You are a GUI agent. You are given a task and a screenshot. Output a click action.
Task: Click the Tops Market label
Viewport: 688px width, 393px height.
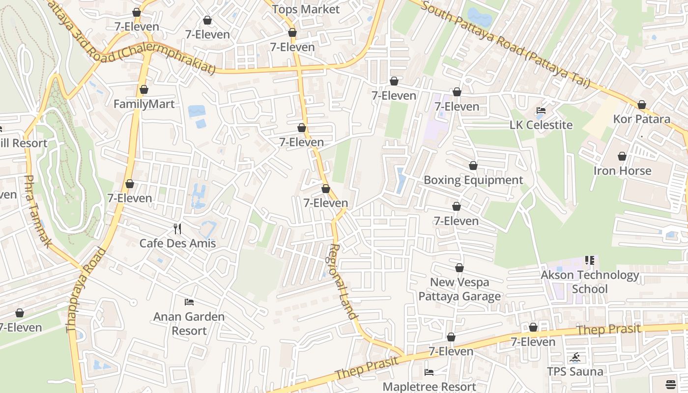[x=306, y=9]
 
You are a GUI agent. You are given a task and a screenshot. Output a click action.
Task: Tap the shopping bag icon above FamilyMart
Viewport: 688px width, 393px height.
[x=144, y=89]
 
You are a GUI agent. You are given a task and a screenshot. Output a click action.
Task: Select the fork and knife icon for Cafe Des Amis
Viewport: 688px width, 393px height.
[x=177, y=228]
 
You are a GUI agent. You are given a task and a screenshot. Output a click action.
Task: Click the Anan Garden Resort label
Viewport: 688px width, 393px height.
[x=189, y=324]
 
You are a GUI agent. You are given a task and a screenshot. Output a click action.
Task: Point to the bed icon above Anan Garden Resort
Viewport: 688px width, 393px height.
[x=189, y=302]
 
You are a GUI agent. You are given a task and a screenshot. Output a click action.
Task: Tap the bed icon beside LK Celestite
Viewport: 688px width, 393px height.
[x=541, y=111]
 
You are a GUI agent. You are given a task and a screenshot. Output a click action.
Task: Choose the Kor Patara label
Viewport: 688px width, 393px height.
[x=641, y=119]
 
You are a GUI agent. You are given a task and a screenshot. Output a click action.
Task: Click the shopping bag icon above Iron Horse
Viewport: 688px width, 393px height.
[x=622, y=156]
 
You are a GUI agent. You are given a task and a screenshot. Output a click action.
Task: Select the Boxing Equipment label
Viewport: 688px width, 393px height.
[x=473, y=180]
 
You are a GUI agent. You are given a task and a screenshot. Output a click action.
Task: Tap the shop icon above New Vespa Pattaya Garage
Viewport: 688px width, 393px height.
[x=459, y=268]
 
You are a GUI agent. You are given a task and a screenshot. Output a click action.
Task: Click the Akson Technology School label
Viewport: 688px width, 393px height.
[x=590, y=282]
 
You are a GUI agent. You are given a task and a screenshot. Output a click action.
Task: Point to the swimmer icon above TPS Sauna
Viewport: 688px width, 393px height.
[x=575, y=357]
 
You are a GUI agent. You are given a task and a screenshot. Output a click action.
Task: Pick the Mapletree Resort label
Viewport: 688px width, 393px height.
[x=429, y=387]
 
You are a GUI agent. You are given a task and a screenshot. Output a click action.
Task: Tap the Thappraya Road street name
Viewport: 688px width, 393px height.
[x=86, y=290]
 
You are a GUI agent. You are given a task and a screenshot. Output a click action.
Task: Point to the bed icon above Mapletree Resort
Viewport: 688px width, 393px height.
[x=429, y=372]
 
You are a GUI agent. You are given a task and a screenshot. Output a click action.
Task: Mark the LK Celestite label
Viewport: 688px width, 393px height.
[x=541, y=125]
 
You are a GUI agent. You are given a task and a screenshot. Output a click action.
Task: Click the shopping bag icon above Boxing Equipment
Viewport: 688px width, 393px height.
[x=473, y=166]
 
